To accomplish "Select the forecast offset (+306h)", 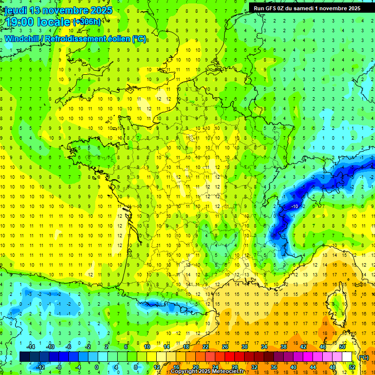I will click(86, 22).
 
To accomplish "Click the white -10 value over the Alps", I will click(294, 207).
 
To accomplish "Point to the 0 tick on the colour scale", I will click(96, 367).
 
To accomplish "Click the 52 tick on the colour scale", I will click(352, 367).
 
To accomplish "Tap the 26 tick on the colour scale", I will click(225, 347).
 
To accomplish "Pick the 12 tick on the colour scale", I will click(157, 367).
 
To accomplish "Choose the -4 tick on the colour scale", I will click(77, 367).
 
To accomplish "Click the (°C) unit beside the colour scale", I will click(363, 357).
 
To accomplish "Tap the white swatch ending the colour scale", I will click(347, 357).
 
